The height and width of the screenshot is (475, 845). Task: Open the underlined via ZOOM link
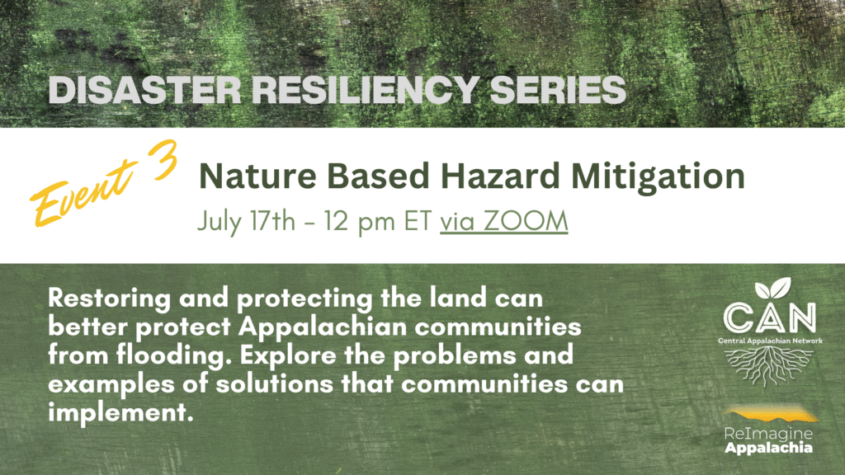coord(503,221)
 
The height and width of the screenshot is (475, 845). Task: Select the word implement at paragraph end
coord(116,412)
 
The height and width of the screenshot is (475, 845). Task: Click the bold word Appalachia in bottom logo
coord(767,448)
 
